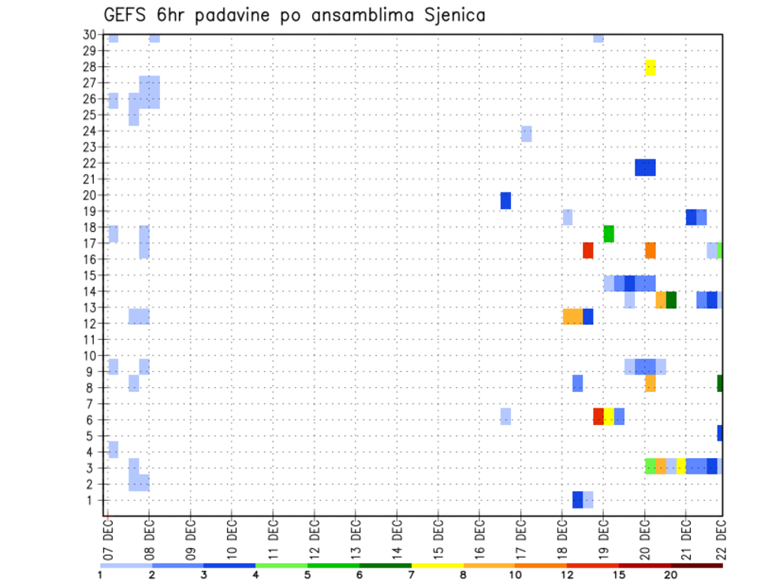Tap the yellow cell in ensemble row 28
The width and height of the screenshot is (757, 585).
pos(650,68)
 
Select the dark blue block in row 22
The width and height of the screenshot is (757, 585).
pos(645,167)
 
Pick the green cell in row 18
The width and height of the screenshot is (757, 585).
pos(609,233)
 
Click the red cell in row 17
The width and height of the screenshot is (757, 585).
pos(588,250)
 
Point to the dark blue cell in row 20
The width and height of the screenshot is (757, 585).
pos(505,200)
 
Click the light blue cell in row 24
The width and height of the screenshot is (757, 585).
pos(526,134)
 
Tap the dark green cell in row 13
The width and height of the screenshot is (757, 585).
pos(671,300)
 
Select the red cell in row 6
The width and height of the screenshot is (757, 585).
pos(599,416)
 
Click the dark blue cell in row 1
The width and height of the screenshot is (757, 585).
pos(578,499)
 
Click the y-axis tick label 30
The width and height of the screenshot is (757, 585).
pos(90,35)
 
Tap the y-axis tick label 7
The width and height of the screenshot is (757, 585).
pos(92,404)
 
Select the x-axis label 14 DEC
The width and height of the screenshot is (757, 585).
pos(397,541)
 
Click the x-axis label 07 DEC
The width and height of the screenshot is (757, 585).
pos(107,541)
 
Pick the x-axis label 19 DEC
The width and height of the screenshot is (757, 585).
pos(603,541)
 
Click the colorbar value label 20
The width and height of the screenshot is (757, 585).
pos(671,576)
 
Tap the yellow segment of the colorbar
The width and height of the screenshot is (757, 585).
pos(438,565)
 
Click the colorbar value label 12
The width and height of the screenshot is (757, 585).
pos(568,576)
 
